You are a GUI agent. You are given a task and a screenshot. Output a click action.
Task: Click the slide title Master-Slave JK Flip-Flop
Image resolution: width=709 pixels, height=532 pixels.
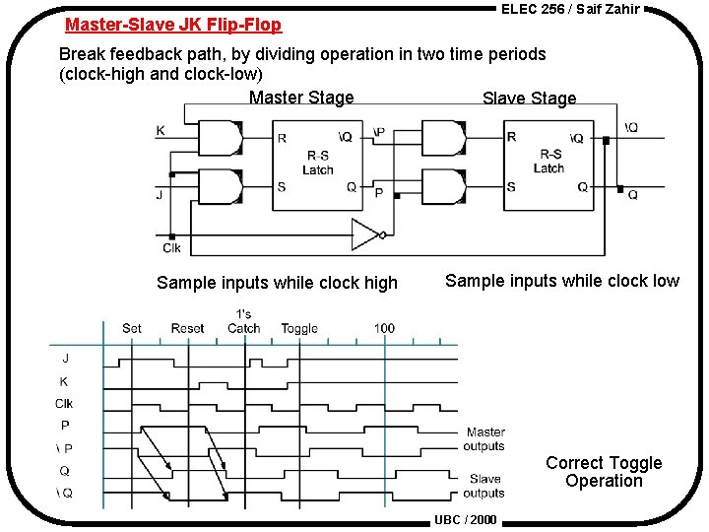coord(173,25)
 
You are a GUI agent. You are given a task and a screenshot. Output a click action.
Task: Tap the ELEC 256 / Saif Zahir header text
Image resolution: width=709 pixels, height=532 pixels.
coord(570,9)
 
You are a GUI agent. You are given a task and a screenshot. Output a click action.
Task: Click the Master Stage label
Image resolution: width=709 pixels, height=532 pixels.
coord(301,98)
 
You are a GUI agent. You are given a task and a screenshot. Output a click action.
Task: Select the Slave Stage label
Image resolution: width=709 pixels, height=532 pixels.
coord(529,98)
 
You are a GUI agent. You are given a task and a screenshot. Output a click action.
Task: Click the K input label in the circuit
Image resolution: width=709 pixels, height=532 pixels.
coord(161,131)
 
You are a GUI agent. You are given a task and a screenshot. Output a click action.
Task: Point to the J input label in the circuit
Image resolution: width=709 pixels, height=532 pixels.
coord(160,195)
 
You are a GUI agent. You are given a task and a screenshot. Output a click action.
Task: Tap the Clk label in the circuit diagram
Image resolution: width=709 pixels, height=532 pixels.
coord(172,248)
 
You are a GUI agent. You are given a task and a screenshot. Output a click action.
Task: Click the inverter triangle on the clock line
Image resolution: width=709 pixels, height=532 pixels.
coord(365,234)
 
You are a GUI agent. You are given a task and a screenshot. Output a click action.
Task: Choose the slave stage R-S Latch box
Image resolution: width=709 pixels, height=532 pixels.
coord(548,162)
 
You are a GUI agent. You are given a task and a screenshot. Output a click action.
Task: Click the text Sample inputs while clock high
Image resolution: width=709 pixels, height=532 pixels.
coord(277,283)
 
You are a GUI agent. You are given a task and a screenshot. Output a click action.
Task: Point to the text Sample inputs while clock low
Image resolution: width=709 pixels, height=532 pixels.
coord(562,281)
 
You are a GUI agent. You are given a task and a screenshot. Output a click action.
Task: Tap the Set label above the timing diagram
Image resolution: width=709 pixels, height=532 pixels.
coord(132,328)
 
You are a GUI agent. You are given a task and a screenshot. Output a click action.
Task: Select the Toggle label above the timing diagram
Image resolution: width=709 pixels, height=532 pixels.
coord(299,328)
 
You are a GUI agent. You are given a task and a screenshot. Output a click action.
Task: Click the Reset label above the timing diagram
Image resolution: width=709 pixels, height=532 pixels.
coord(187,328)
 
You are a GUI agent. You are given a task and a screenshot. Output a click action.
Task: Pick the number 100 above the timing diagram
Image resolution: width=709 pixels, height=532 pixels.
coord(385,328)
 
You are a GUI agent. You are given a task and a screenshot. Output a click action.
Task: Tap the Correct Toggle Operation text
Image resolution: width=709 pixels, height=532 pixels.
coord(604,472)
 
